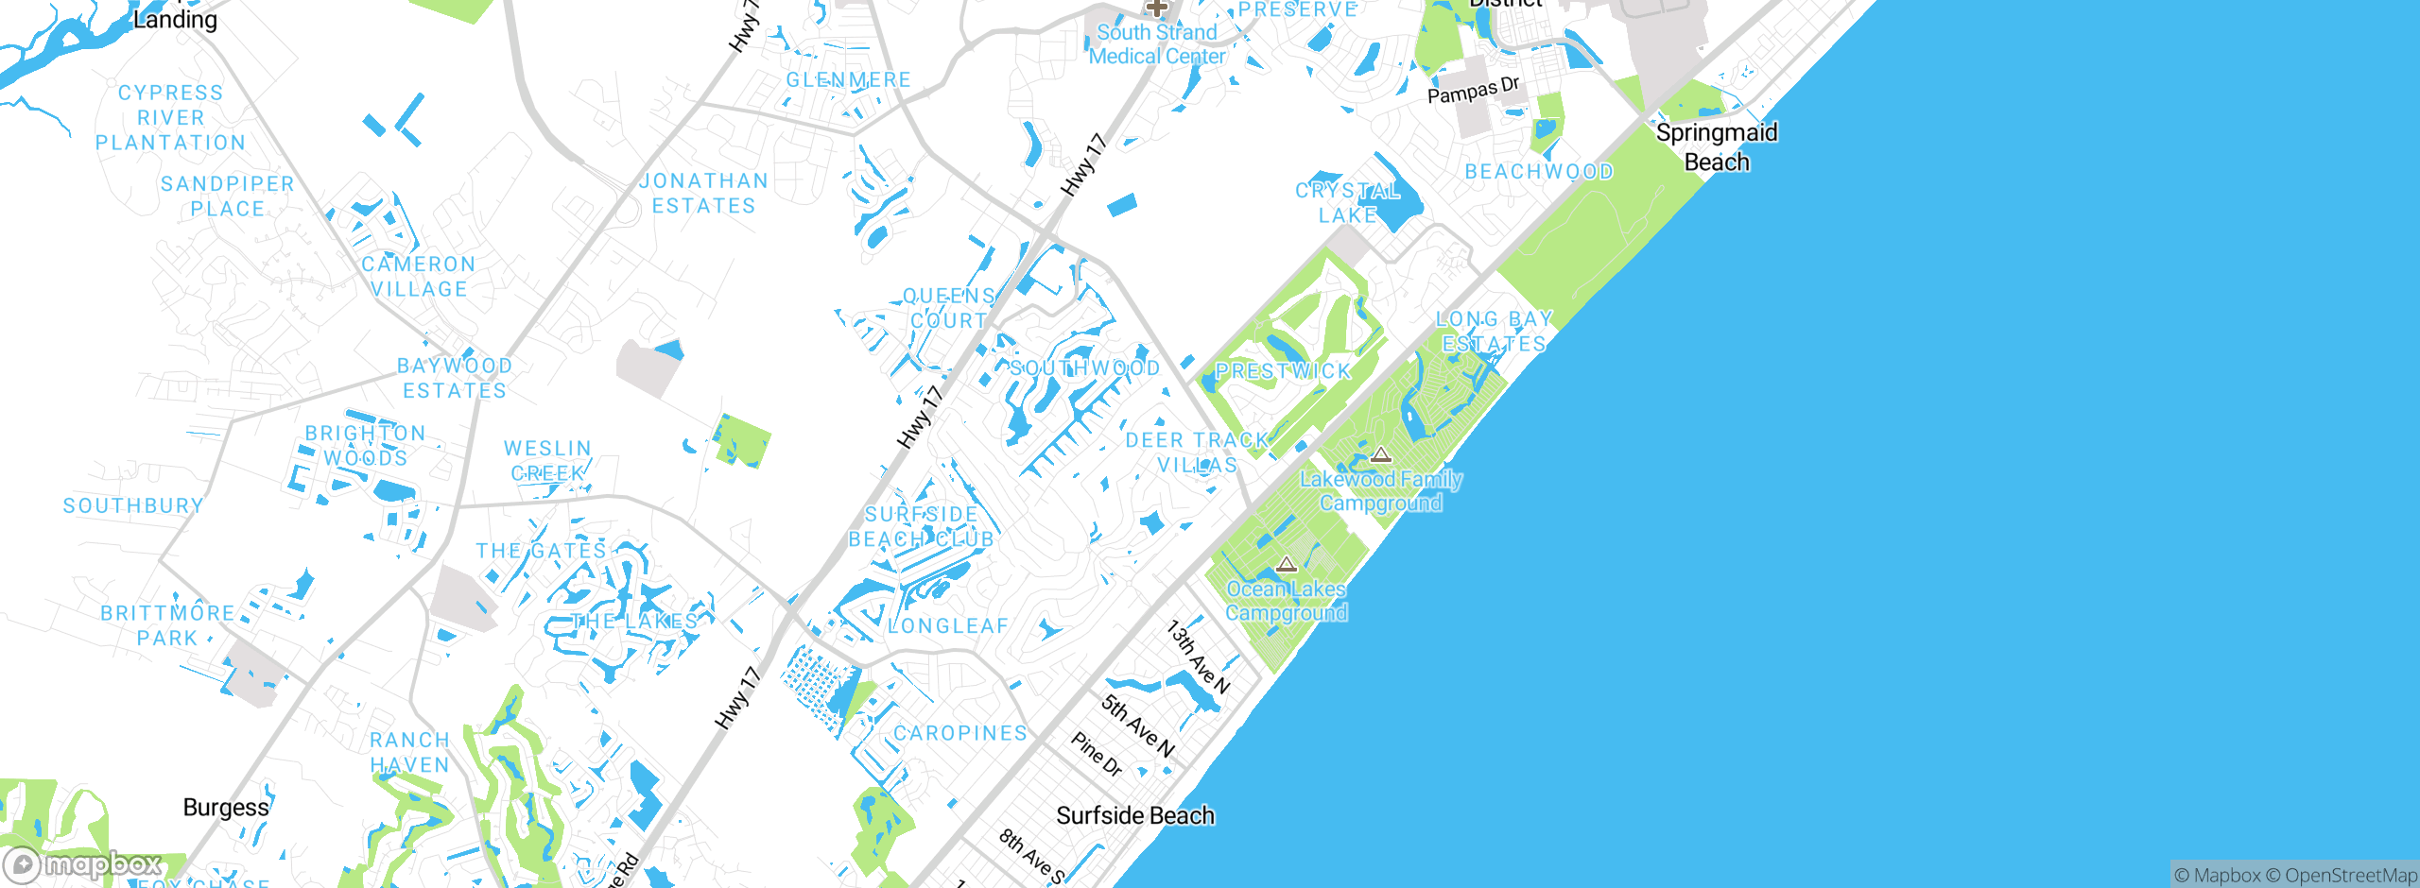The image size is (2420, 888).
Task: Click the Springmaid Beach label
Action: [1716, 146]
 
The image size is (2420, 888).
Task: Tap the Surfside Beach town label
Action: [1134, 815]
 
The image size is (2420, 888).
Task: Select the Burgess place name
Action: [226, 808]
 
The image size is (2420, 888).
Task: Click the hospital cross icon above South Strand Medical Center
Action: [1156, 8]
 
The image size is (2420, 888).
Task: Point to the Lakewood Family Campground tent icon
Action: [1381, 455]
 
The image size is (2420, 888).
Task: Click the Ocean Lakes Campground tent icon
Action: [1286, 565]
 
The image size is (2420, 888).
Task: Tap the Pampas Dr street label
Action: [1473, 91]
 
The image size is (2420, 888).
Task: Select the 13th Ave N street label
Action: [1198, 657]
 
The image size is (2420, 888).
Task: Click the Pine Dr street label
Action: [1097, 754]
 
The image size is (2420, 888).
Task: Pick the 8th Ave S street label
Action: [1031, 856]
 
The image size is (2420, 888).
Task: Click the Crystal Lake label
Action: [1347, 203]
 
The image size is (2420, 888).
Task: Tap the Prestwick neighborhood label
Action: [1283, 371]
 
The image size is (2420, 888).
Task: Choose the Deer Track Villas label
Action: [1197, 453]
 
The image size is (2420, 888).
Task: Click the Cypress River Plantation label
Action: [170, 118]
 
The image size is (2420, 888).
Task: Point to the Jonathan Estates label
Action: [704, 193]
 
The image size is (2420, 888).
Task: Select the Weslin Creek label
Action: [547, 460]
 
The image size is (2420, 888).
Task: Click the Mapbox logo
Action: [83, 864]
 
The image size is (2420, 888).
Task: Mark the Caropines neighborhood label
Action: [960, 733]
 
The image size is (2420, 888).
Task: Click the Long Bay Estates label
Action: [1494, 332]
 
